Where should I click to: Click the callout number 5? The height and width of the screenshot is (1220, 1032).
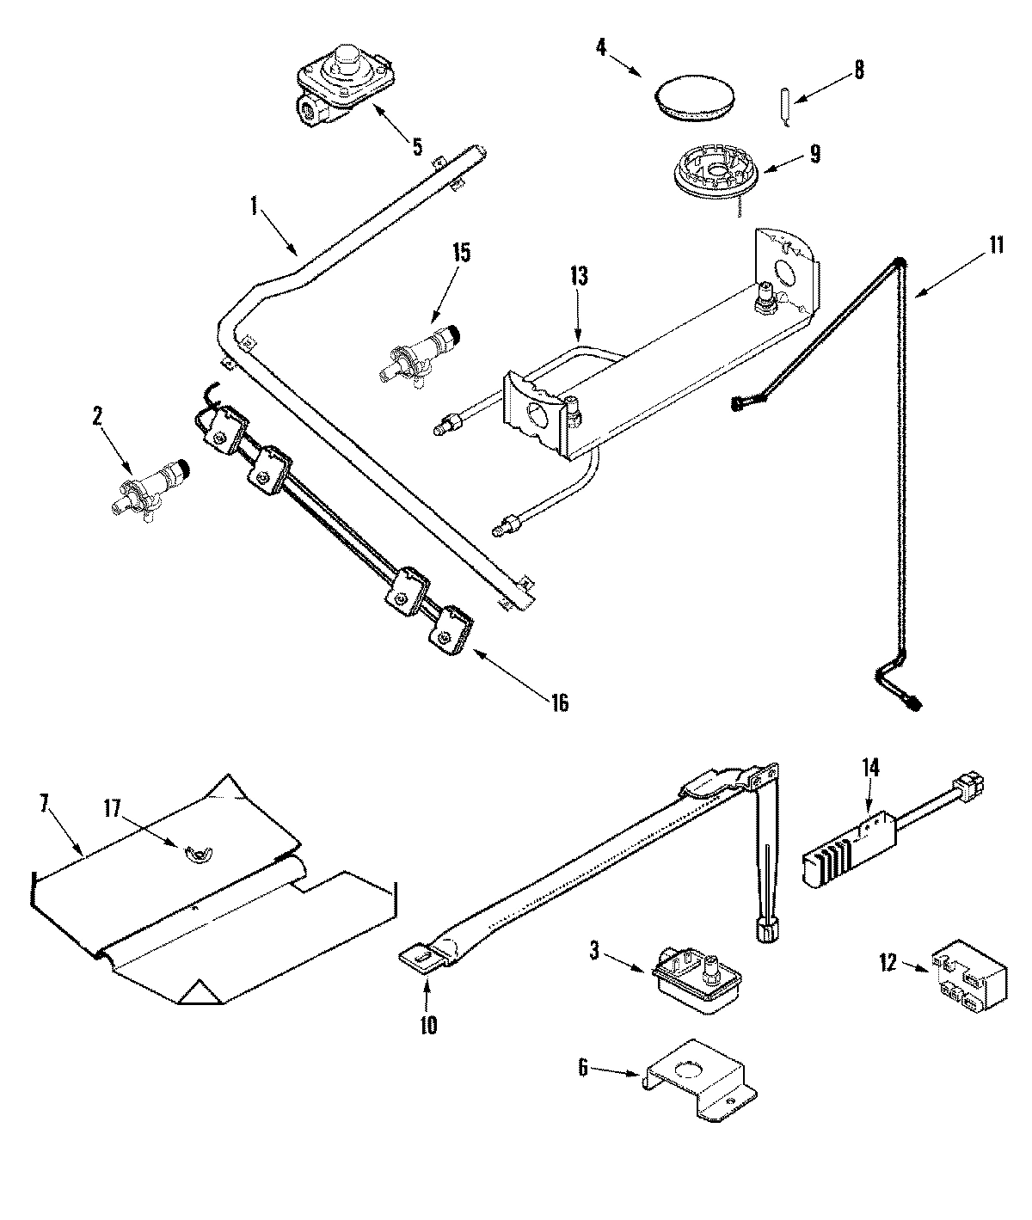417,146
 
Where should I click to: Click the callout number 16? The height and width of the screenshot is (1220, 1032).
559,702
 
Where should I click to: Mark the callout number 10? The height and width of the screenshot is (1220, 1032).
428,1025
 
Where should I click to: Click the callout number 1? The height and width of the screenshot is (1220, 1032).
254,205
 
